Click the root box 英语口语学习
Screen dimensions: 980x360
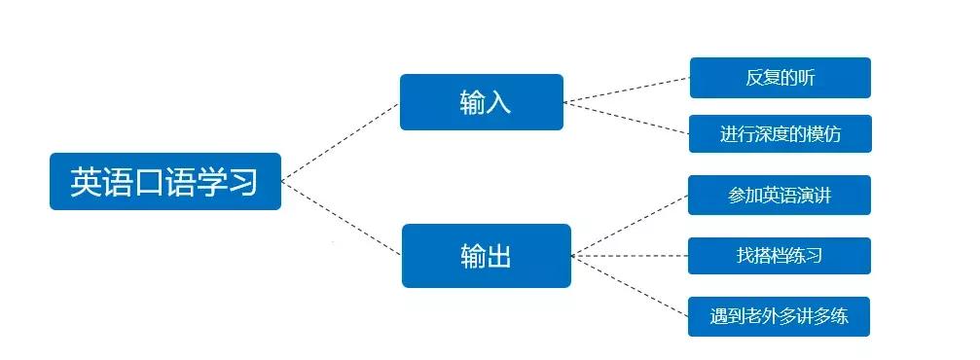[164, 181]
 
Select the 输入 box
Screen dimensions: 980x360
[482, 102]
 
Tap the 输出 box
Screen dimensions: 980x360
[486, 256]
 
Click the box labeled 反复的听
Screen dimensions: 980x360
[780, 78]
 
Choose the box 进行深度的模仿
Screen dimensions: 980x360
[780, 133]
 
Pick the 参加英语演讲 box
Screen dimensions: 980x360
[779, 196]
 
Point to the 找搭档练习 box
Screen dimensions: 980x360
[779, 256]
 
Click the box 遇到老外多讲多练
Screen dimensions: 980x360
[779, 316]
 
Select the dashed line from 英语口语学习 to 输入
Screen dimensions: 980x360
[341, 141]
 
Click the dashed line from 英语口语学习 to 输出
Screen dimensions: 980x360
[341, 218]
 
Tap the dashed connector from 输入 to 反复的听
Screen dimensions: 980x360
[627, 89]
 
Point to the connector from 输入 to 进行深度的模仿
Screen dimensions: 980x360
[627, 117]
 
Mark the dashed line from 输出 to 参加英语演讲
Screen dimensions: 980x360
[630, 225]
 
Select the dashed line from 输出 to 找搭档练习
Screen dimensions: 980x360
[630, 256]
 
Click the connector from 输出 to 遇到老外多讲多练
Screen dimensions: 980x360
[630, 286]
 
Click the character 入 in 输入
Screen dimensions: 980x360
[497, 102]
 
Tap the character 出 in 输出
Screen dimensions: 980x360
[499, 256]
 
